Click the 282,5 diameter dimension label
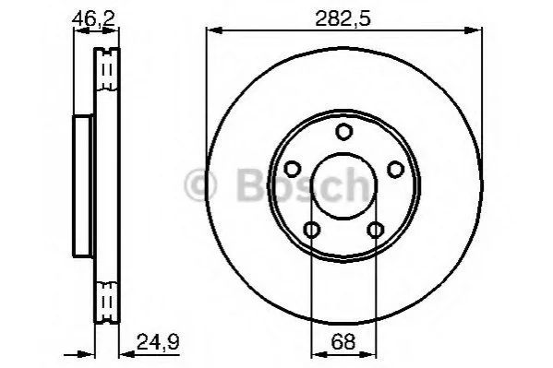[343, 18]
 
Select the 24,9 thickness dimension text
[158, 342]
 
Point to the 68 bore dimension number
[343, 341]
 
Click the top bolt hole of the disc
[343, 132]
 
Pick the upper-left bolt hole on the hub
[293, 169]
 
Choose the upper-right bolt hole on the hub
[395, 169]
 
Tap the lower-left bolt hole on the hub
[312, 230]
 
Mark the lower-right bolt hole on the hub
[375, 230]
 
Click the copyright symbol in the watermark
[200, 184]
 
